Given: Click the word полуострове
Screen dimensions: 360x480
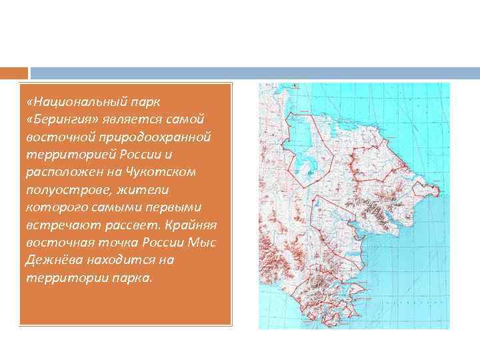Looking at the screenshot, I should point(63,189).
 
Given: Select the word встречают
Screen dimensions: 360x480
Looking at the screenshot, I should point(55,224).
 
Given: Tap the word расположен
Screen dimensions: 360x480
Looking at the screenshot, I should point(61,171).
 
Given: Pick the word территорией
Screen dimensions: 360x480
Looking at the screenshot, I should point(63,154).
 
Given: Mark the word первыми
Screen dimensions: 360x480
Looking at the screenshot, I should point(175,207).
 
